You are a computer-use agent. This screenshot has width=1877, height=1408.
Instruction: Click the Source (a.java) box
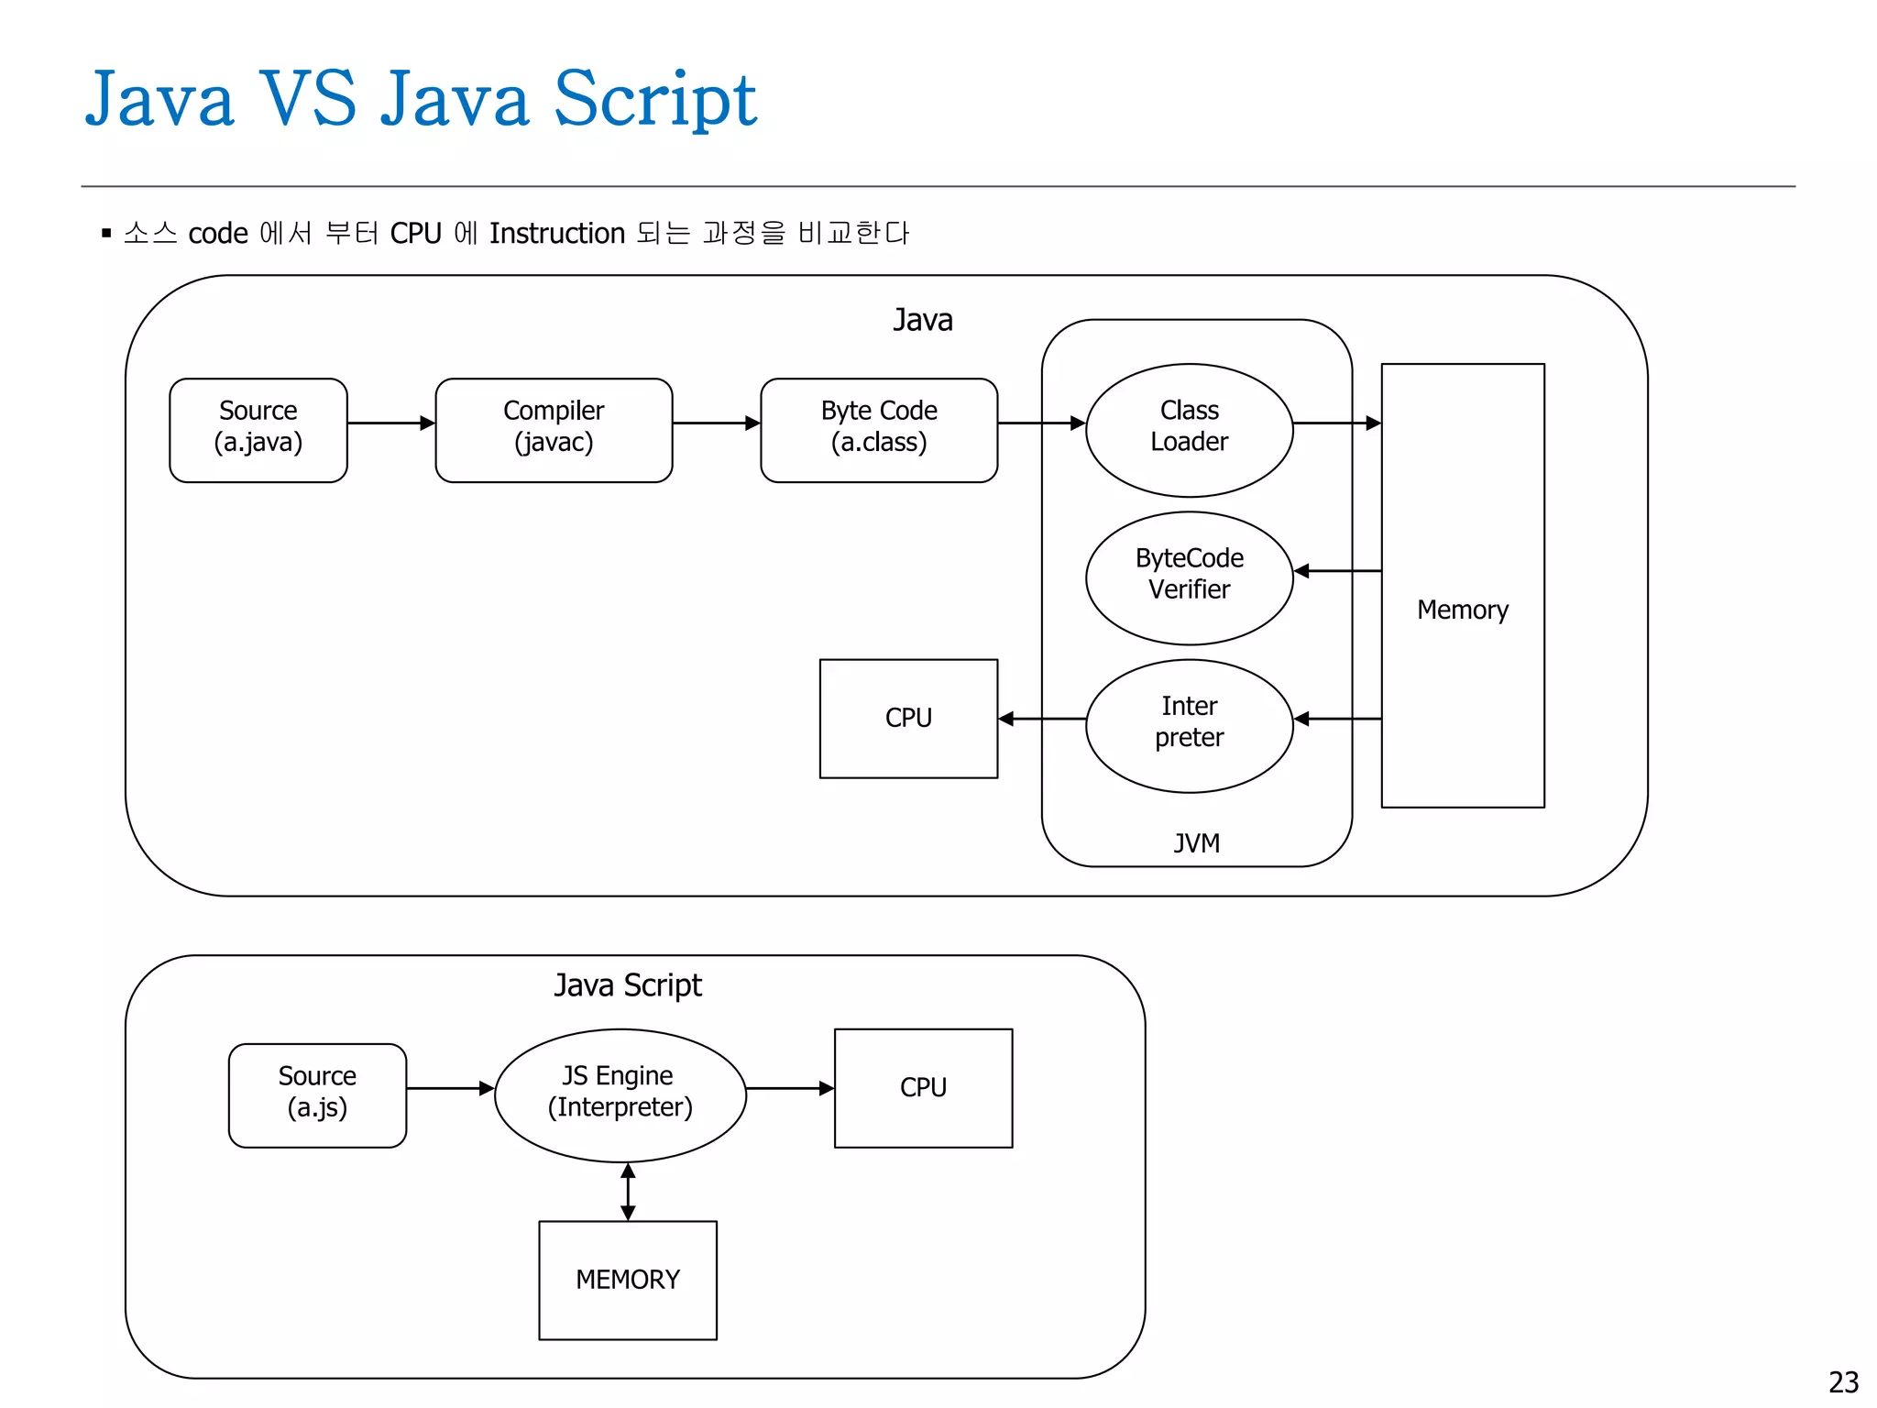coord(258,430)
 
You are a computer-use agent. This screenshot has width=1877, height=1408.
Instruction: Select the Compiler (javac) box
coord(554,430)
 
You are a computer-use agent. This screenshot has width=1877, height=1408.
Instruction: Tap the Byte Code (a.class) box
coord(879,430)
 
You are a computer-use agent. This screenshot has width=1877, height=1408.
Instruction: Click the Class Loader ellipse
coord(1189,430)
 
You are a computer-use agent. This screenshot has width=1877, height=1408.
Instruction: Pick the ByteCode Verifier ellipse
coord(1189,577)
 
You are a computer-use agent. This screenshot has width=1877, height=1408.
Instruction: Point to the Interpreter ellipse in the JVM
coord(1189,725)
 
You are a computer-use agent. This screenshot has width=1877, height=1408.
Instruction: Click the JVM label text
coord(1196,842)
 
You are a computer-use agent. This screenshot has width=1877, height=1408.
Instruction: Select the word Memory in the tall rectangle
coord(1462,610)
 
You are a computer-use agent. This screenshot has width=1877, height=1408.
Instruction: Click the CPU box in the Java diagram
coord(908,718)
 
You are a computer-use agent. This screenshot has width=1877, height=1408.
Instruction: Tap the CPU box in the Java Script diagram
coord(923,1087)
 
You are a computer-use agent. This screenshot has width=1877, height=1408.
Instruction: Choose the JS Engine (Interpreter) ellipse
coord(620,1094)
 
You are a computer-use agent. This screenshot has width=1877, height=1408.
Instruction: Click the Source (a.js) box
coord(317,1094)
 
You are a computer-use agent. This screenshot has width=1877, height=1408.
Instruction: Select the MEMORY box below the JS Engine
coord(628,1280)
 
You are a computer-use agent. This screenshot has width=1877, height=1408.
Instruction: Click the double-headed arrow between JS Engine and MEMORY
coord(628,1192)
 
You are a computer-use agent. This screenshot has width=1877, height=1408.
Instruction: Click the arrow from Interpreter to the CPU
coord(1042,719)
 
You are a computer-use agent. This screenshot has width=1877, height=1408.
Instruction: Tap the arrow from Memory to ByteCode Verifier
coord(1337,571)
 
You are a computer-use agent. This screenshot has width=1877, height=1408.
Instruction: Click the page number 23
coord(1842,1381)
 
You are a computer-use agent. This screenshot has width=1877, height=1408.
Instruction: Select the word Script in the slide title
coord(655,99)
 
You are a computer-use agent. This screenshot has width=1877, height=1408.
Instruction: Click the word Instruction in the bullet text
coord(556,234)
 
